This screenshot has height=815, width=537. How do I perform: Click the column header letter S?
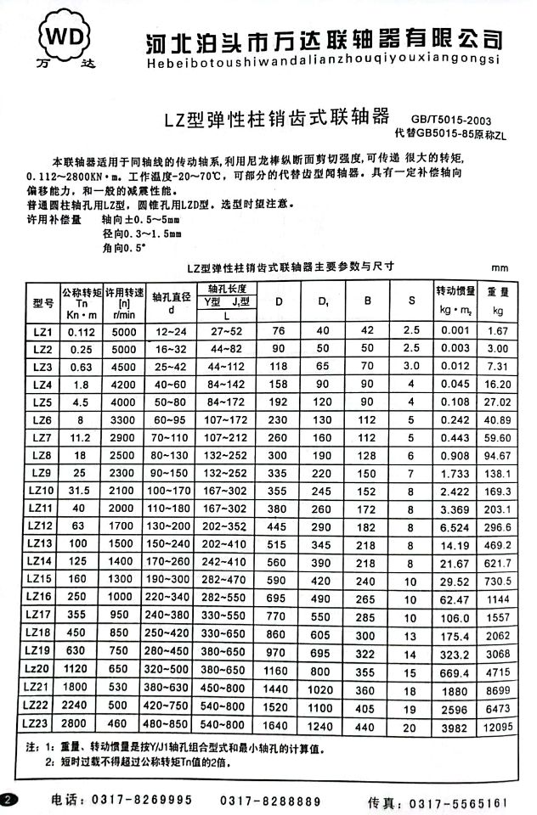411,301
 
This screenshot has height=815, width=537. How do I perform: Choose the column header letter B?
367,301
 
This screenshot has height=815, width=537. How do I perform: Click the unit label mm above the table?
500,267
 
